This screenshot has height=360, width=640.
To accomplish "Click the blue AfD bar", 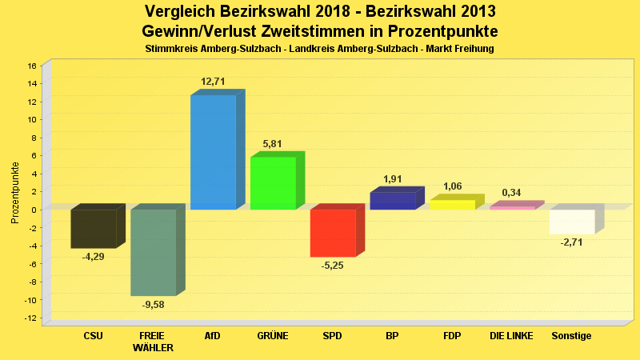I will coord(213,152).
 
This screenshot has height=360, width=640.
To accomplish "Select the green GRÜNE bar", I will coord(273,183).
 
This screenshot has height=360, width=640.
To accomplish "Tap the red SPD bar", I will coord(333,233).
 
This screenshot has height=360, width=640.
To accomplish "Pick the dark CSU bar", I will coord(93,229).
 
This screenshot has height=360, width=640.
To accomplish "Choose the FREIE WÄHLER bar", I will coord(153,253).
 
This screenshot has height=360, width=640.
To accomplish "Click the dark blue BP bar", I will coord(393,201).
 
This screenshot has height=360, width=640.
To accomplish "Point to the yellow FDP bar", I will coord(453,205).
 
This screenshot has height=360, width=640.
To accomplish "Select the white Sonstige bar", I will coord(572,222).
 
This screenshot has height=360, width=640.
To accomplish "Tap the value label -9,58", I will coord(153,305).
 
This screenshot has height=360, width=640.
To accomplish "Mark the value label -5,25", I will coord(333,266).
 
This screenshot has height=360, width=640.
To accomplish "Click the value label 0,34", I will coord(511,193).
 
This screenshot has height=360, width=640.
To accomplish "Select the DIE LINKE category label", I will coord(511,336).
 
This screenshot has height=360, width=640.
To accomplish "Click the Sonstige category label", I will coord(572,336).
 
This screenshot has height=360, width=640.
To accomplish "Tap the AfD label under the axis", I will coord(212,336).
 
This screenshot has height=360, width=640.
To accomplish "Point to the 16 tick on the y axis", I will coord(32,66).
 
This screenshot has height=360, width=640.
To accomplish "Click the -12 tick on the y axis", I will coord(30,318).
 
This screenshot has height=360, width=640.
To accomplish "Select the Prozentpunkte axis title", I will coord(15,192).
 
